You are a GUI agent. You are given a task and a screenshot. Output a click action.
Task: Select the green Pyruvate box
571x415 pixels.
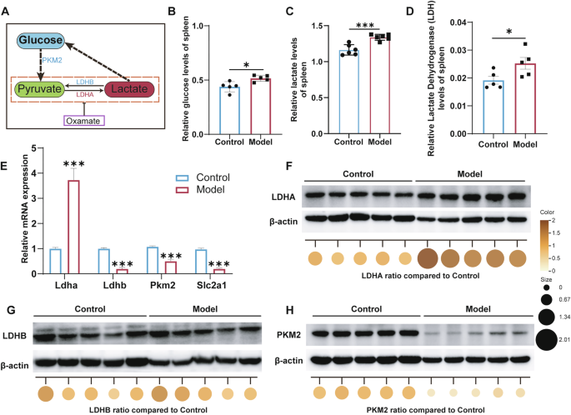(x=40, y=88)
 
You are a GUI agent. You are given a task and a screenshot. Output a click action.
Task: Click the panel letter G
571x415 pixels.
(x=10, y=308)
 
